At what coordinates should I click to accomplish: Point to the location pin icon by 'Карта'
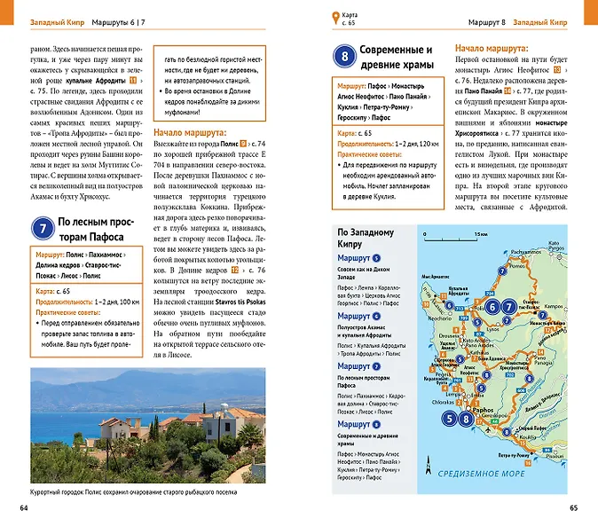(334, 17)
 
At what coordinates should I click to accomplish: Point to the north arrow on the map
(428, 462)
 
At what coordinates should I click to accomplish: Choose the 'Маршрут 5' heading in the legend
(359, 257)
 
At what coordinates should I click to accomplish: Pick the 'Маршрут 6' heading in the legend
(359, 316)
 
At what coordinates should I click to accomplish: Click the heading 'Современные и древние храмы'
(397, 57)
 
